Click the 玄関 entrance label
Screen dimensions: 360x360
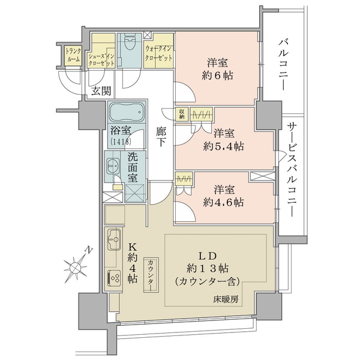pos(101,91)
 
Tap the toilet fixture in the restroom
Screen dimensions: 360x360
pos(130,42)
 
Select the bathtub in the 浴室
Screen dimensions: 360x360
pos(127,112)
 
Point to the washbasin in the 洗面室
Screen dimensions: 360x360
pos(113,166)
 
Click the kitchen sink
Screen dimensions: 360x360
pos(114,240)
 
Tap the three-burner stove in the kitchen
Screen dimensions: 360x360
pos(113,278)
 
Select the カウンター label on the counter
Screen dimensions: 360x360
pos(151,275)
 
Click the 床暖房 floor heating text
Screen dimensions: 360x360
pos(226,299)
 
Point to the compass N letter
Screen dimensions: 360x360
pos(88,250)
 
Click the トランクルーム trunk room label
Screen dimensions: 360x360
pos(73,55)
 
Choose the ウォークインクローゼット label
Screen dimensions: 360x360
pos(158,53)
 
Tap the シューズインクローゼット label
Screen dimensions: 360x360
pos(101,59)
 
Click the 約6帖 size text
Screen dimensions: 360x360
pos(217,76)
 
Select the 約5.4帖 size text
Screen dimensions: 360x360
pos(223,146)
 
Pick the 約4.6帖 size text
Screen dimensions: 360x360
pos(223,202)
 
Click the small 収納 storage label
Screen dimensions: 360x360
pos(182,114)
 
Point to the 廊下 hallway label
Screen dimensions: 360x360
pos(161,137)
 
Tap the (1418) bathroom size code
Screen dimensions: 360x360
pos(121,142)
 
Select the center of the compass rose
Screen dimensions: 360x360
pos(76,268)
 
